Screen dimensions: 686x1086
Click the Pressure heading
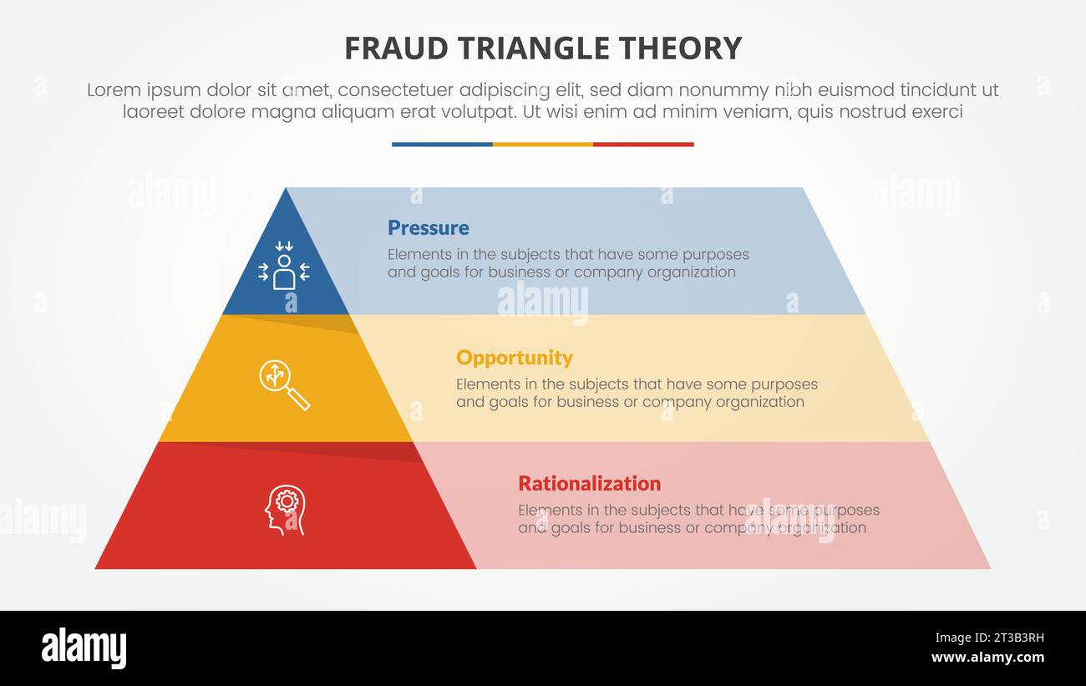click(428, 228)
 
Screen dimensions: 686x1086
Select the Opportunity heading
click(514, 358)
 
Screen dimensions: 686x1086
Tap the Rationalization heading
click(589, 484)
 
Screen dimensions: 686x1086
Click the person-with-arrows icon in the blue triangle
click(284, 266)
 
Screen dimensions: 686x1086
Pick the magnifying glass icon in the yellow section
click(284, 384)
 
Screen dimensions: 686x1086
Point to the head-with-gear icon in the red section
click(286, 509)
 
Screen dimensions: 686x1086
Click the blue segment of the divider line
click(442, 145)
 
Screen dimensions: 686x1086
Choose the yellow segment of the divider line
click(543, 145)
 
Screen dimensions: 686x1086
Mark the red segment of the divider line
click(643, 145)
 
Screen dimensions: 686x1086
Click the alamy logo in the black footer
click(84, 648)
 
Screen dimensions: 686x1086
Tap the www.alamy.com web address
click(988, 658)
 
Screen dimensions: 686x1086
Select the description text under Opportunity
click(637, 393)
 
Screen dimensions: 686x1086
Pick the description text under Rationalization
click(698, 519)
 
